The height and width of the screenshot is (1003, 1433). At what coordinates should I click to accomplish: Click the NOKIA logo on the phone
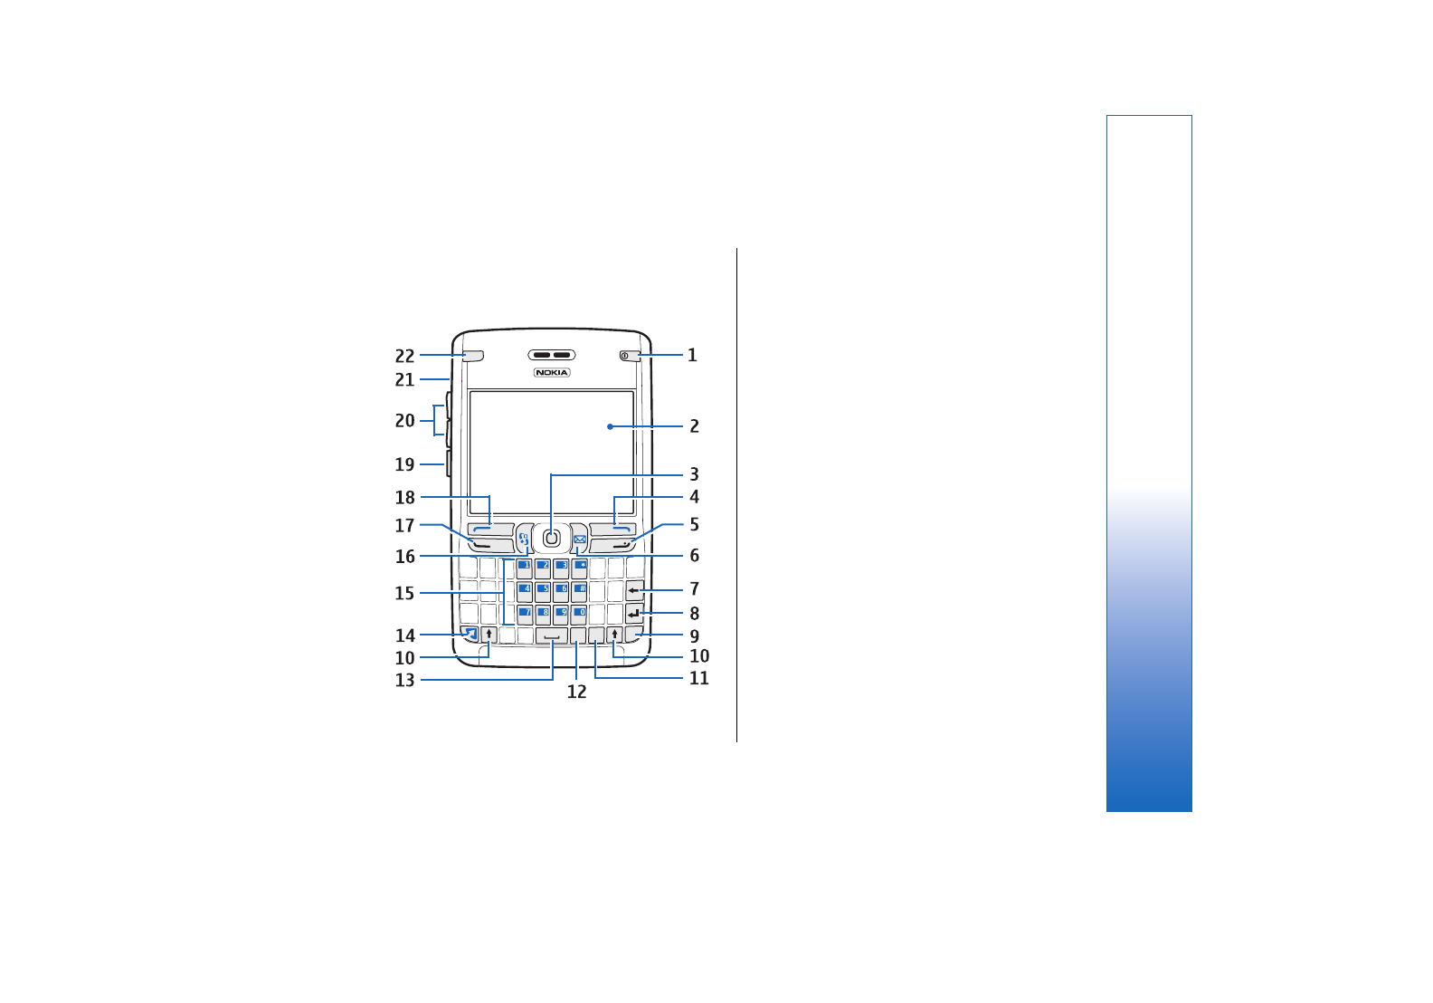(x=552, y=373)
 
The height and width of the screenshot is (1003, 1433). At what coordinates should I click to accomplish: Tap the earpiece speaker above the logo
(x=552, y=355)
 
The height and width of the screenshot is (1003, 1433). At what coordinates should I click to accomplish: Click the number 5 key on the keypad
(x=543, y=591)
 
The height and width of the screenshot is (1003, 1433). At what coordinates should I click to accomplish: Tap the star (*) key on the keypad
(x=580, y=568)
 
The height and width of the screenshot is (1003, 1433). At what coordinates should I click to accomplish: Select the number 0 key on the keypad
(x=579, y=615)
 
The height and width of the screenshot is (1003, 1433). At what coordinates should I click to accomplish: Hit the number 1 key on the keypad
(x=524, y=568)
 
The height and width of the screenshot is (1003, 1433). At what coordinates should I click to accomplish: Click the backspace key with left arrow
(x=634, y=591)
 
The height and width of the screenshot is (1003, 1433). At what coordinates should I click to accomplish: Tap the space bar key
(x=552, y=635)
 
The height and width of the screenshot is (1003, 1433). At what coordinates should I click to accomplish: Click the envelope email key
(x=580, y=539)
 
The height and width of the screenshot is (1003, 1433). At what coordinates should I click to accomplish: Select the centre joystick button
(x=552, y=539)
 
